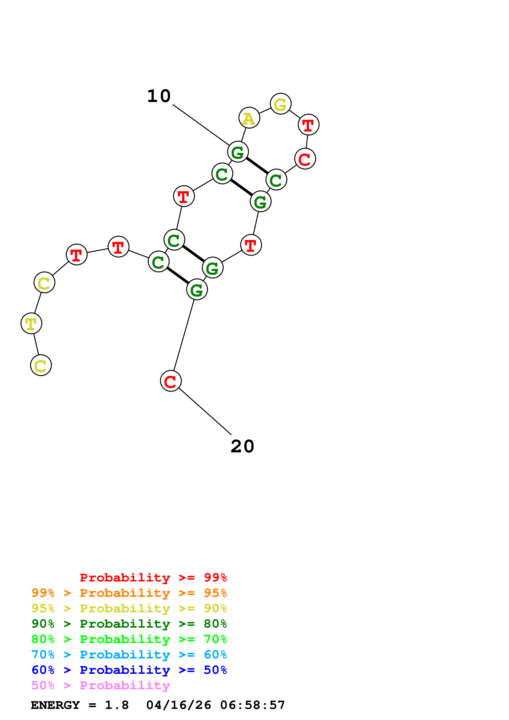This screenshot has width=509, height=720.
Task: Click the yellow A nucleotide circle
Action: coord(249,118)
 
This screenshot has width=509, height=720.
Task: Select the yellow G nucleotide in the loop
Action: coord(280,104)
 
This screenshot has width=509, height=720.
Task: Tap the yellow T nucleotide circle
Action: coord(31,323)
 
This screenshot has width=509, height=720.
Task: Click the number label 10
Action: coord(159,96)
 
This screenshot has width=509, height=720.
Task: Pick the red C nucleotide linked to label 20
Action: coord(171,381)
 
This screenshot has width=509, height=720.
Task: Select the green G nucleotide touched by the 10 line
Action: coord(238,152)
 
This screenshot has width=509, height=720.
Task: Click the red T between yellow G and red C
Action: coord(308,125)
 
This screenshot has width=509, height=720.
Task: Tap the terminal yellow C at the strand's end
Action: coord(41,365)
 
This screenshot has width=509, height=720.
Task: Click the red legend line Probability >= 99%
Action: coord(153,577)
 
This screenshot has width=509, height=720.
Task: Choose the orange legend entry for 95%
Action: coord(129,593)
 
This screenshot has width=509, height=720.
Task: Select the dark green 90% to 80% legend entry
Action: coord(129,624)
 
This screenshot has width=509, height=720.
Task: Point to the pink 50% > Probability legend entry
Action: coord(101,686)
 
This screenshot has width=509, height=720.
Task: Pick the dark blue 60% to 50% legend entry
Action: coord(129,670)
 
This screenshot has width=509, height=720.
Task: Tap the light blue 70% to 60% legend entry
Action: coord(129,655)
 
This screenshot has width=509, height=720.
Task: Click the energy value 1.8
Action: coord(117,705)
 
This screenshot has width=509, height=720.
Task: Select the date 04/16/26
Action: coord(178,705)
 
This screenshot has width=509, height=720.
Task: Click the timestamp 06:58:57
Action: coord(253,705)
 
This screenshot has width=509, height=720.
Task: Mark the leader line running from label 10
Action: coord(201,125)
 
